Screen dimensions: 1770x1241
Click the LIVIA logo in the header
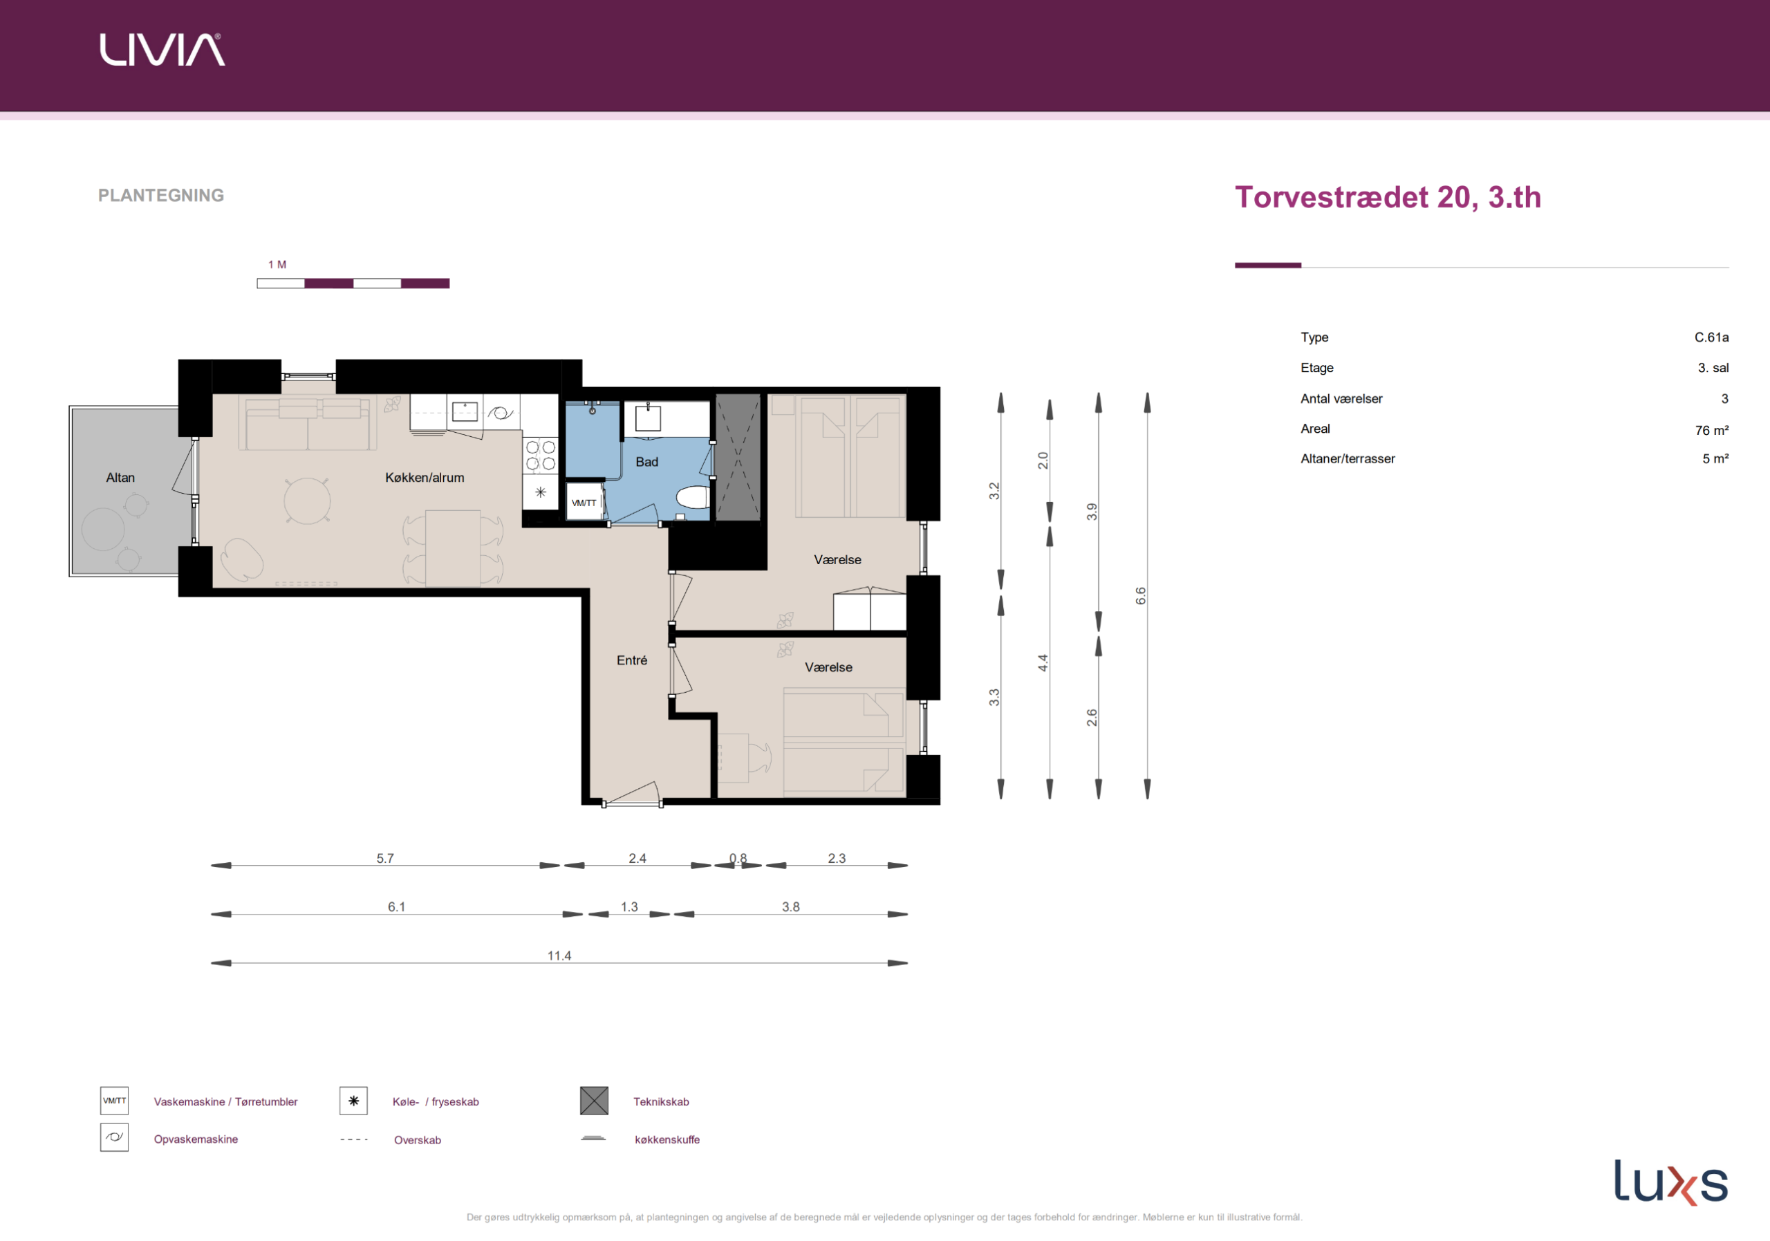pyautogui.click(x=162, y=49)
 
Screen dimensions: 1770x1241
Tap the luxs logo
pyautogui.click(x=1670, y=1182)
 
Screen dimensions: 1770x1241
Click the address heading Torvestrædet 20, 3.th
pyautogui.click(x=1388, y=197)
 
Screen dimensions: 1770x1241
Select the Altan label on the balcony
pyautogui.click(x=120, y=478)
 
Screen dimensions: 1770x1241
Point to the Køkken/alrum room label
pyautogui.click(x=425, y=478)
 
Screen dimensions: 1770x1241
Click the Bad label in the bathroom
pyautogui.click(x=646, y=462)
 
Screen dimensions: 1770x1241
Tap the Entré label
pyautogui.click(x=632, y=660)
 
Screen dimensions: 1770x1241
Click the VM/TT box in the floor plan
pyautogui.click(x=584, y=503)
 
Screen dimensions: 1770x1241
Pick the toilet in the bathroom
pyautogui.click(x=693, y=498)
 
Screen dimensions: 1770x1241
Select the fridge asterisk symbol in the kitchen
pyautogui.click(x=541, y=492)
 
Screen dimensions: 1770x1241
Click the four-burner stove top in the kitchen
pyautogui.click(x=541, y=456)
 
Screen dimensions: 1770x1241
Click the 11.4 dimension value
pyautogui.click(x=559, y=955)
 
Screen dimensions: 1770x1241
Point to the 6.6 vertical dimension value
pyautogui.click(x=1141, y=596)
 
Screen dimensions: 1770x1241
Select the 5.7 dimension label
pyautogui.click(x=384, y=858)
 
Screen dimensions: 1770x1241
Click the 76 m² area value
pyautogui.click(x=1711, y=430)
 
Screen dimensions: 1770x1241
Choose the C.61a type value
pyautogui.click(x=1711, y=337)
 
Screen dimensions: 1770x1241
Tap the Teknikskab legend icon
pyautogui.click(x=594, y=1101)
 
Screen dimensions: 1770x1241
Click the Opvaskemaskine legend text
pyautogui.click(x=196, y=1139)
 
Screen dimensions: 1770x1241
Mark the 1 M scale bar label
pyautogui.click(x=277, y=264)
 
